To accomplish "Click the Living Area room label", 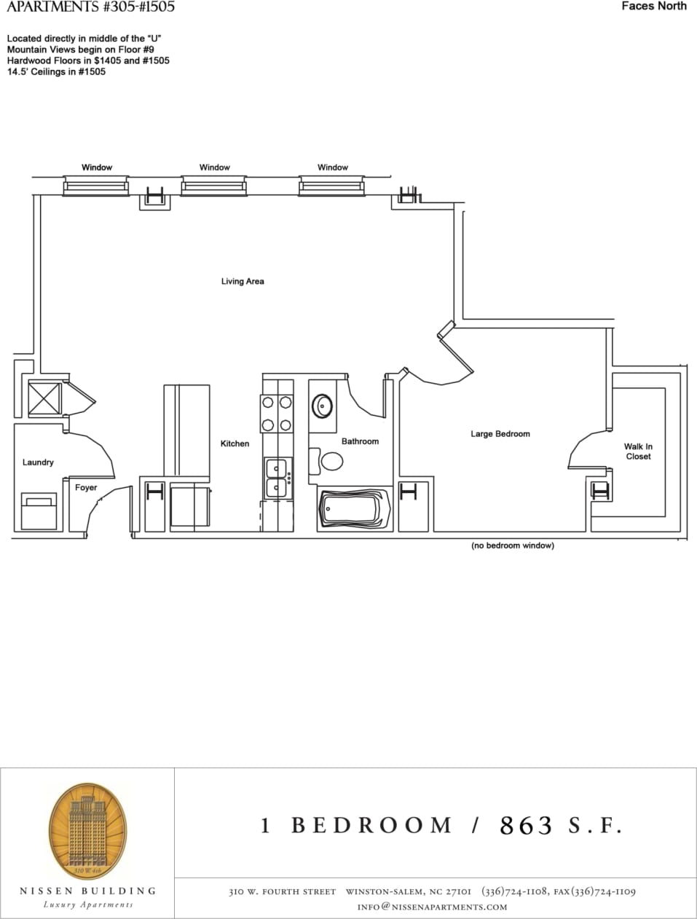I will point(243,281).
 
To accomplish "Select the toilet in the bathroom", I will point(331,461).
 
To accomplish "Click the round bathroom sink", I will point(323,404).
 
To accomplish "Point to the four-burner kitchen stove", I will point(277,413).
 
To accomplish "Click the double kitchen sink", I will point(277,478).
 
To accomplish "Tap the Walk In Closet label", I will point(638,451).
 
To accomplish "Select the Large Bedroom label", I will point(500,434).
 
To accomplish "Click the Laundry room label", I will point(38,462).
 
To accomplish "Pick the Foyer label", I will point(86,488).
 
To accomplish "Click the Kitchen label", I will point(235,443).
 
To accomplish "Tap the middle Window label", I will point(215,167).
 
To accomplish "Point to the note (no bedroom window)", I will point(513,545).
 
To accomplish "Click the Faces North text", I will point(654,7).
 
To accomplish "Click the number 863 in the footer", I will point(526,825).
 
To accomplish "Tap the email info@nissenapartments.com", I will point(432,907).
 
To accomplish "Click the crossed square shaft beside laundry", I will point(44,398).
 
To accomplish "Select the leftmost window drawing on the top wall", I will point(96,187).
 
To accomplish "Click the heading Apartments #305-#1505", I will point(90,7).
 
